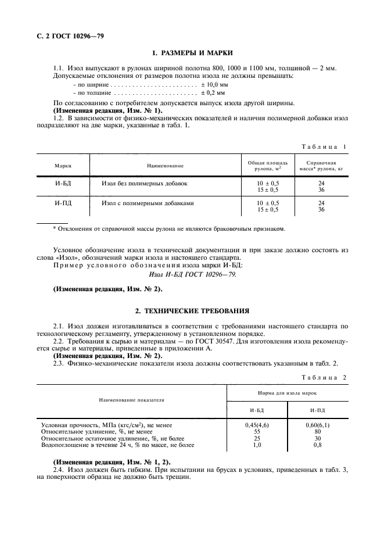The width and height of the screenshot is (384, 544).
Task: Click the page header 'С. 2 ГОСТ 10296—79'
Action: pyautogui.click(x=66, y=37)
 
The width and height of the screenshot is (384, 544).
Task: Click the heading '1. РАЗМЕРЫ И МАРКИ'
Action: pyautogui.click(x=192, y=53)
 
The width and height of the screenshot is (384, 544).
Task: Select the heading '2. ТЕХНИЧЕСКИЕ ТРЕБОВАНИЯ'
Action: pyautogui.click(x=192, y=311)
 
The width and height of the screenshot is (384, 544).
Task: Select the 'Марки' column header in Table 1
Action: pyautogui.click(x=63, y=166)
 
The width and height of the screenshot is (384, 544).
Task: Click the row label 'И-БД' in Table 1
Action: pyautogui.click(x=63, y=183)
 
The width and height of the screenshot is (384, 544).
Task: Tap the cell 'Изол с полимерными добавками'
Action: pyautogui.click(x=148, y=203)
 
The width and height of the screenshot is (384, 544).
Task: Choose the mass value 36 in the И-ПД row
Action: pyautogui.click(x=321, y=210)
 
